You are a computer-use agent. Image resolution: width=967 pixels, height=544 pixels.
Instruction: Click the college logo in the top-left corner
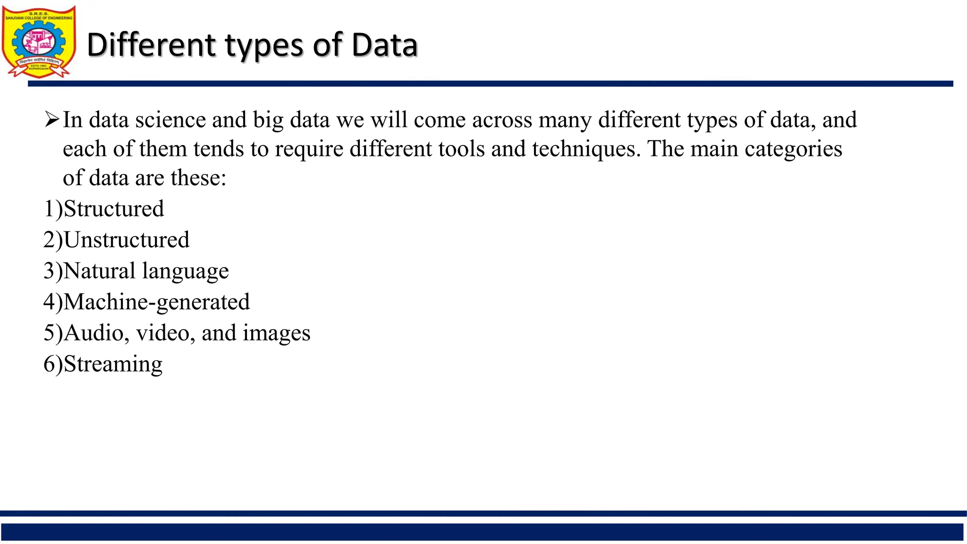(x=39, y=42)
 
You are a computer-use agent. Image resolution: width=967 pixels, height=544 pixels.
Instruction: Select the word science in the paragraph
(x=170, y=120)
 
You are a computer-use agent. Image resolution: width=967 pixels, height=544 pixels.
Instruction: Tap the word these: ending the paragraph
(x=198, y=178)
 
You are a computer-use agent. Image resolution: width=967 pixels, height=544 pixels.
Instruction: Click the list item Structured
(x=114, y=209)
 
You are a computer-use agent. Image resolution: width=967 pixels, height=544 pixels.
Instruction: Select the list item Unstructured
(x=127, y=240)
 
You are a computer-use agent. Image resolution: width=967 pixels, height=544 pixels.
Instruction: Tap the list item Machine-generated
(x=156, y=302)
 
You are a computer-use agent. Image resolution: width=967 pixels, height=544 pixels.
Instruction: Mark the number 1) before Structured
(x=53, y=209)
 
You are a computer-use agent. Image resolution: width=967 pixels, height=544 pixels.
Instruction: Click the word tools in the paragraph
(x=461, y=149)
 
